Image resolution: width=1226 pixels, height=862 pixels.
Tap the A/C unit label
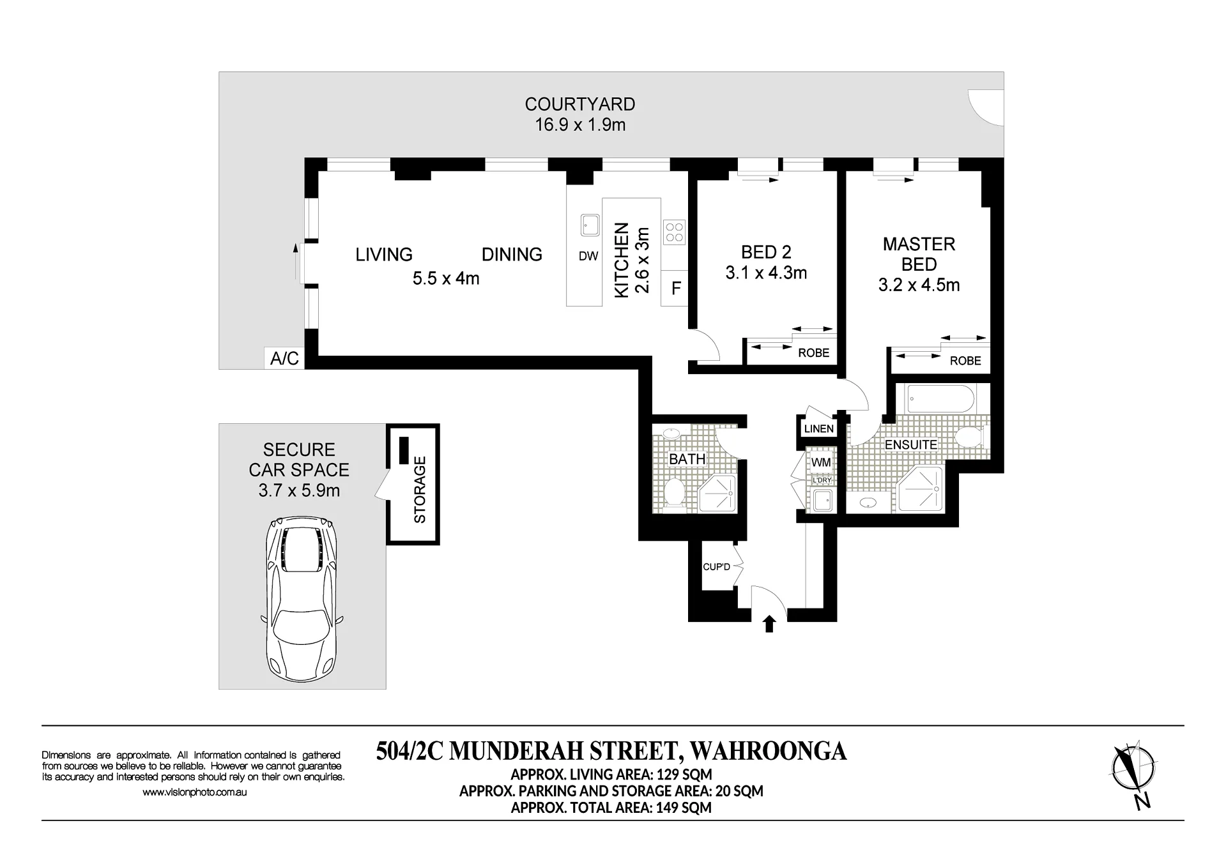pos(285,358)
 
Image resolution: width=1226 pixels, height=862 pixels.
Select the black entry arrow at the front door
pos(769,624)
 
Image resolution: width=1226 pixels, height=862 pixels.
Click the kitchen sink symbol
pos(589,225)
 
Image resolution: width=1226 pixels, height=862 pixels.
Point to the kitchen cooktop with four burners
pos(674,232)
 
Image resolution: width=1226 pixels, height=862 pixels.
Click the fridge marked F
pos(676,289)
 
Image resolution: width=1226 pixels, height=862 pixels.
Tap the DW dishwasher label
pos(588,256)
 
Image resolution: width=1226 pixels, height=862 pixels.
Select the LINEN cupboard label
pos(819,429)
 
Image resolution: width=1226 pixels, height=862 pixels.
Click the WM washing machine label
pos(821,462)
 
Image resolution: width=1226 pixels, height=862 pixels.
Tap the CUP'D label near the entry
pos(716,566)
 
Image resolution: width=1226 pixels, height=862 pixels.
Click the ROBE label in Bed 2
pos(813,353)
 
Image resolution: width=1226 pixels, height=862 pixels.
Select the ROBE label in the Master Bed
pos(965,361)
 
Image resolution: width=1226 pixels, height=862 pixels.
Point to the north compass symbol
pos(1135,775)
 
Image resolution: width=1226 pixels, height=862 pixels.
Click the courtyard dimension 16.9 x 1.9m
pos(580,125)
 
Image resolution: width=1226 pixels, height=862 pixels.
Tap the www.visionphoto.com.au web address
pos(194,792)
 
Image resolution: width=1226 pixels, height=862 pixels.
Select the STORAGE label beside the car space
pos(420,490)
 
